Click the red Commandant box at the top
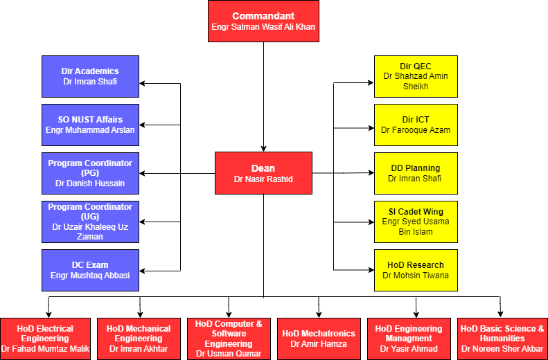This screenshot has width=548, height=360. [263, 21]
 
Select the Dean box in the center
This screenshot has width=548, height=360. [263, 173]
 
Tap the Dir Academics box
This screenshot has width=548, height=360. [90, 76]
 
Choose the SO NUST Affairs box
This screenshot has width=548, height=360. [90, 125]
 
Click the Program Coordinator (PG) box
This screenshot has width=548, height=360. [90, 173]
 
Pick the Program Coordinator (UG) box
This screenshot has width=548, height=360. [90, 222]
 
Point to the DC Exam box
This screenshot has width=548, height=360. [90, 270]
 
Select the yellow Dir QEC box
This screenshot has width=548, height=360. [416, 76]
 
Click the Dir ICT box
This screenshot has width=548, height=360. [416, 125]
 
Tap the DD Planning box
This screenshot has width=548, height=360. [416, 173]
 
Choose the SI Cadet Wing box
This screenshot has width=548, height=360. [416, 222]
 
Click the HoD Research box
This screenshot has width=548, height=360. [416, 270]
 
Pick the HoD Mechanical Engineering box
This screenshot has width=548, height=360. [139, 339]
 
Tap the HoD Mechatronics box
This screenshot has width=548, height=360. [319, 339]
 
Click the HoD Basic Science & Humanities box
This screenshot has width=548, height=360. [502, 339]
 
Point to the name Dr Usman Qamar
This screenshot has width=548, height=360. [229, 354]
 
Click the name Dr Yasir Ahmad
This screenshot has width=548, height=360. [409, 349]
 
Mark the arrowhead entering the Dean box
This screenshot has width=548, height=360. [263, 148]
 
